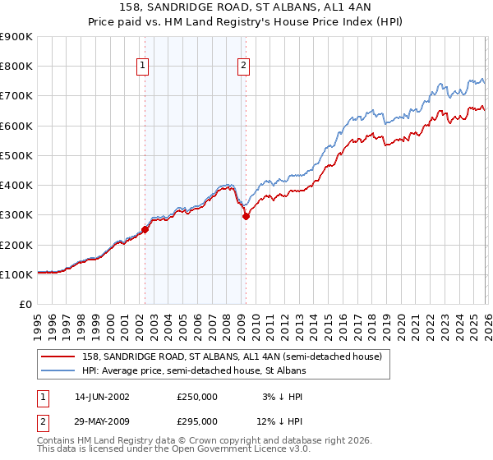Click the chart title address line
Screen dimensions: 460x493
(x=246, y=8)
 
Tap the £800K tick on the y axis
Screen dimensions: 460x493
(x=16, y=67)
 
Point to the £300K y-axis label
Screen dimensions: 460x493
(x=16, y=215)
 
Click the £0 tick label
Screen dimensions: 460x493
(x=25, y=305)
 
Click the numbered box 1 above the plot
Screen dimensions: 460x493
(x=143, y=67)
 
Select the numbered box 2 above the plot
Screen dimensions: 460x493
(x=245, y=67)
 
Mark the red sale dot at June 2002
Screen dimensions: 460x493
(x=145, y=230)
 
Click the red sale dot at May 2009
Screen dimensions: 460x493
(x=246, y=217)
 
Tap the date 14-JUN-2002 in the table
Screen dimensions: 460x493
(x=102, y=397)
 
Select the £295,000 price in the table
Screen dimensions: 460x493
(x=197, y=421)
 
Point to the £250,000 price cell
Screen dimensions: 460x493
(x=197, y=397)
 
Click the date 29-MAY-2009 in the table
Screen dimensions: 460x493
(x=102, y=421)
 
